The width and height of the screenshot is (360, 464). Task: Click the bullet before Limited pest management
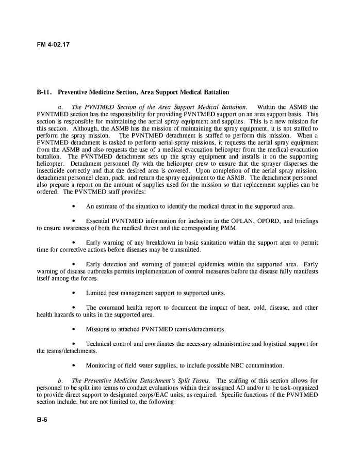pyautogui.click(x=75, y=293)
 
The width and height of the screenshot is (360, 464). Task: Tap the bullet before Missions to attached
pyautogui.click(x=75, y=329)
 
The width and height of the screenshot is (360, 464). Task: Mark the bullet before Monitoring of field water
pyautogui.click(x=75, y=366)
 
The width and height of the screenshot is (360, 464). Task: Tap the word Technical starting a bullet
pyautogui.click(x=102, y=344)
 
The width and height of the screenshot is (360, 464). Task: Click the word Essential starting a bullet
pyautogui.click(x=101, y=221)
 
